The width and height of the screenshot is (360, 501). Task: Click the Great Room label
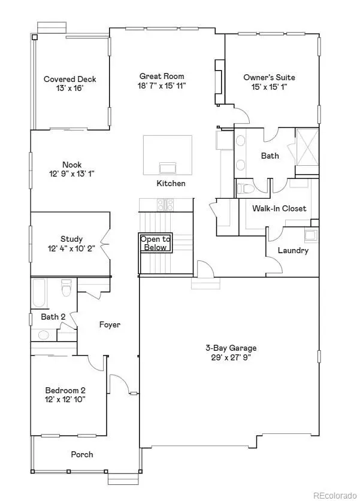point(162,76)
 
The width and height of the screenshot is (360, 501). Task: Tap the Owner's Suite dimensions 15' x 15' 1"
point(269,87)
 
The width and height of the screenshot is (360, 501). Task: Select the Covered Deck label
point(69,79)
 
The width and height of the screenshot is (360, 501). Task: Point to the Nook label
point(72,165)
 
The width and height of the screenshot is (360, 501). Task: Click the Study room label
point(71,239)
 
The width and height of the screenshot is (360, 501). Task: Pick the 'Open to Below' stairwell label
point(155,242)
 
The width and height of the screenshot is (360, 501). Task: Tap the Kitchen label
point(171,183)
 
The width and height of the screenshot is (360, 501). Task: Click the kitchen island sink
point(167,166)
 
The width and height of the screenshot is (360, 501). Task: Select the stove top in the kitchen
point(165,205)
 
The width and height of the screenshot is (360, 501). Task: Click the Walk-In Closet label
point(279,208)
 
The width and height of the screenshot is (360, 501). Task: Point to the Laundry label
point(293,250)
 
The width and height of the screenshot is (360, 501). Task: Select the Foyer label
point(110,324)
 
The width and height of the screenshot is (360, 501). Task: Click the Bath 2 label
point(53,316)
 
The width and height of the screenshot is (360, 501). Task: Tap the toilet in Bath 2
point(66,289)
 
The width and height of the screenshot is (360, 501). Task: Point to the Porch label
point(82,454)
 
